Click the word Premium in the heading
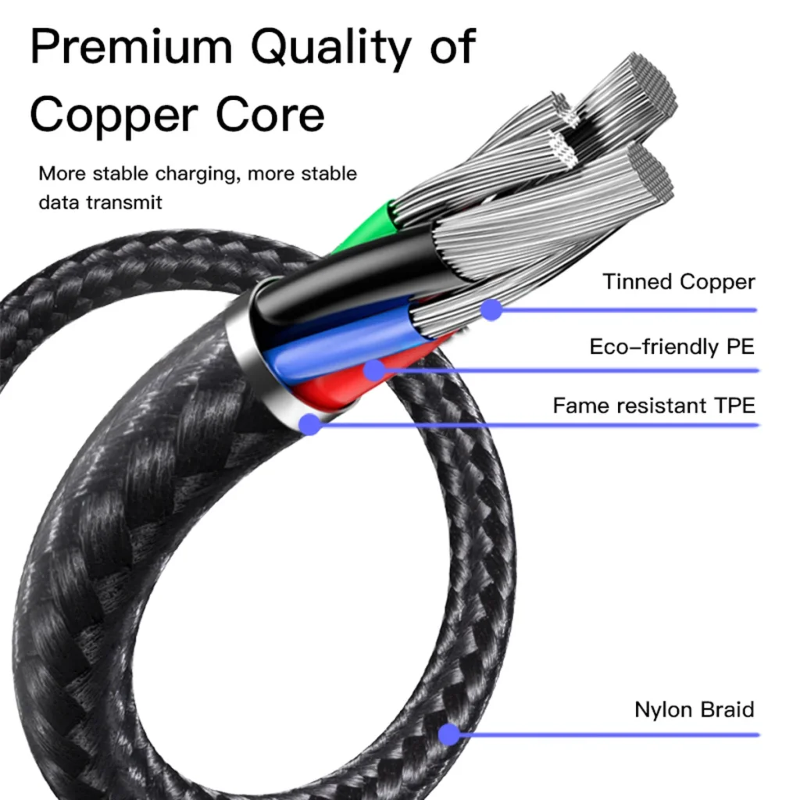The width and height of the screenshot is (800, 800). tap(131, 46)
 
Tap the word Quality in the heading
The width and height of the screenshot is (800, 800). tap(331, 48)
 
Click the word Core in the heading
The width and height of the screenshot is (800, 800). tap(270, 114)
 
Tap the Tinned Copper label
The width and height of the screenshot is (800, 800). tap(679, 282)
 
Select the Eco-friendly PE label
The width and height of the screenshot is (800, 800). tap(672, 347)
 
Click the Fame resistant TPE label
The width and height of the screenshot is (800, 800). tap(654, 405)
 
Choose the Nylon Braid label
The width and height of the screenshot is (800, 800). tap(695, 709)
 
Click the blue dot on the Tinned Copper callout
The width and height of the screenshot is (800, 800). tap(492, 309)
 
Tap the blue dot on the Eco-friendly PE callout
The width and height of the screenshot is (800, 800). tap(375, 370)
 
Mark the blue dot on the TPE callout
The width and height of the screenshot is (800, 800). tap(309, 424)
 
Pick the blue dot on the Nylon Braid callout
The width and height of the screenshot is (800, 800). tap(449, 734)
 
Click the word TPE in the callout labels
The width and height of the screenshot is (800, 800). tap(734, 405)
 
